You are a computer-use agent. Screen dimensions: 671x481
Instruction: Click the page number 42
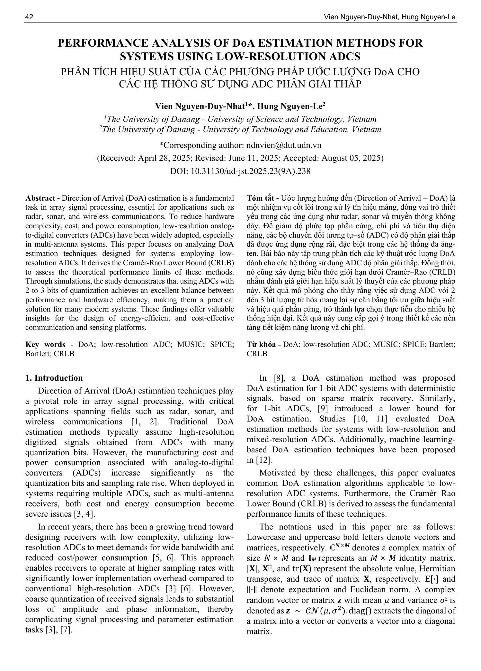pyautogui.click(x=29, y=17)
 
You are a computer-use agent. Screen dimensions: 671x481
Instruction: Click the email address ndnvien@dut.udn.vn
pyautogui.click(x=284, y=145)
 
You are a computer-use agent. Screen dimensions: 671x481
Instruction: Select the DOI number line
pyautogui.click(x=240, y=171)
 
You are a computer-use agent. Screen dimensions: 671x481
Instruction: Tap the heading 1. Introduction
pyautogui.click(x=54, y=378)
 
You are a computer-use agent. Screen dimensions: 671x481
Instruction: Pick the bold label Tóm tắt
pyautogui.click(x=261, y=198)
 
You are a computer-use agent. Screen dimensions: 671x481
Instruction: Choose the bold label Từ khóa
pyautogui.click(x=262, y=345)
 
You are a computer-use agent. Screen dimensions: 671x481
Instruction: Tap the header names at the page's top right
pyautogui.click(x=390, y=17)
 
